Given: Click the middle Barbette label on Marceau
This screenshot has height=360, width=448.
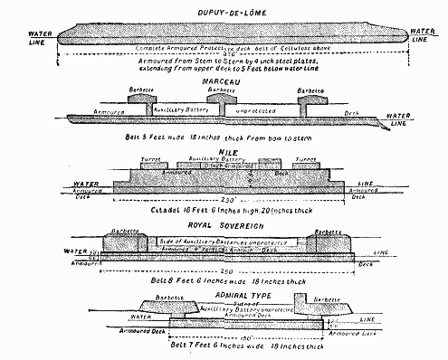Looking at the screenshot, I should pyautogui.click(x=224, y=91).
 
